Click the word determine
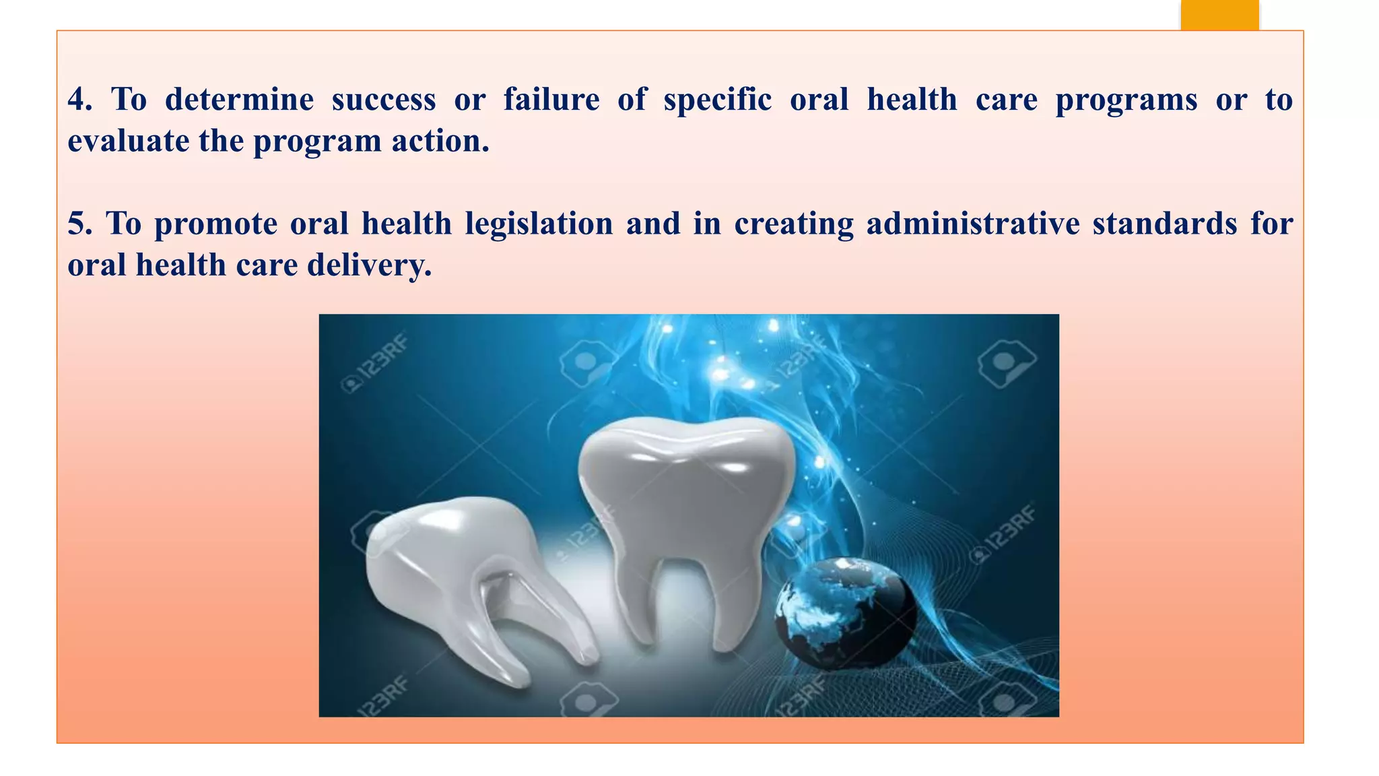[239, 100]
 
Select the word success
[384, 100]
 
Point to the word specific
[717, 100]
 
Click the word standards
[1165, 224]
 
